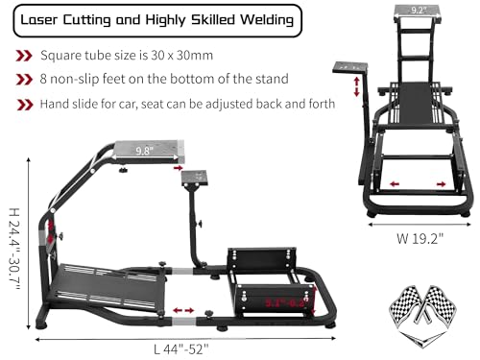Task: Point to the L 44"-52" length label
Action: coord(179,347)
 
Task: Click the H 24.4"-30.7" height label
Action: coord(12,252)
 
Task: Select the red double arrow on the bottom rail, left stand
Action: coord(184,311)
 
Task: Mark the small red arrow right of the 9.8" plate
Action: coord(180,166)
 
